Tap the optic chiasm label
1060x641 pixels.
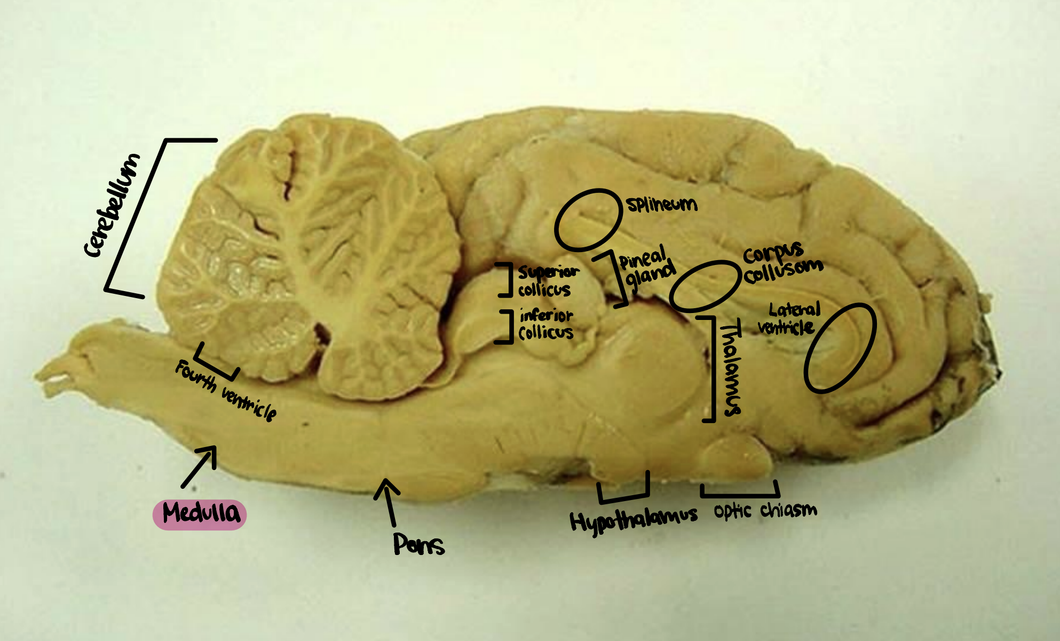coord(765,511)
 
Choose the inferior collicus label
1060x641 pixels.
coord(545,324)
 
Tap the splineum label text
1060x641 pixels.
coord(662,204)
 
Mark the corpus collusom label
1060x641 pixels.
coord(782,263)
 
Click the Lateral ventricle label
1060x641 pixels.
coord(789,319)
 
